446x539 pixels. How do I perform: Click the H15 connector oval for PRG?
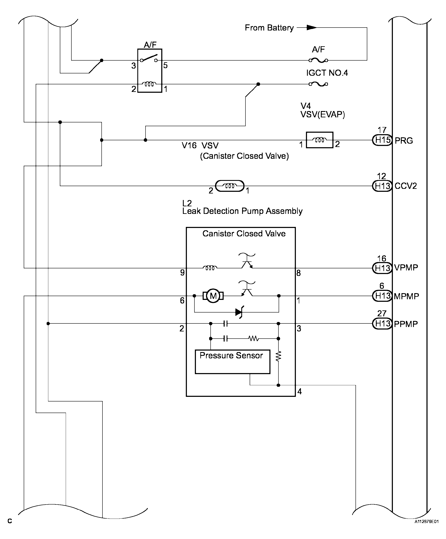click(382, 140)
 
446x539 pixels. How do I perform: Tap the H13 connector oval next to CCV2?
click(382, 186)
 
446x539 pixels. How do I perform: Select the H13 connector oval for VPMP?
click(382, 268)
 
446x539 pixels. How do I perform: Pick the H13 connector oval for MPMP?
click(382, 296)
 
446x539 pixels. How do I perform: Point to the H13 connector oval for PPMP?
click(382, 323)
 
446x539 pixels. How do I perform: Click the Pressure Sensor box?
click(232, 362)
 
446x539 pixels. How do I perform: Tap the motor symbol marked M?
click(213, 296)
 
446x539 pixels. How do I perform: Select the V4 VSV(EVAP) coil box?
click(320, 140)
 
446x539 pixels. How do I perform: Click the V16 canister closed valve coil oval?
click(230, 186)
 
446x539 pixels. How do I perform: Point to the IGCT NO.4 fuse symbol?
click(318, 84)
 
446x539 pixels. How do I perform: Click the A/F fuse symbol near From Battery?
click(318, 60)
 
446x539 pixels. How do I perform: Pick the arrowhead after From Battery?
click(311, 28)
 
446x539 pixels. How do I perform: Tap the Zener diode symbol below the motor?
click(239, 312)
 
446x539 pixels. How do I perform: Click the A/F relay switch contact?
click(149, 58)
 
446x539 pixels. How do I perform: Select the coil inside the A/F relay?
click(150, 84)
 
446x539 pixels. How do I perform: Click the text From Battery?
click(269, 28)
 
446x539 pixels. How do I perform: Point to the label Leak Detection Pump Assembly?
click(243, 211)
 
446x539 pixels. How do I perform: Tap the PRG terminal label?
click(404, 141)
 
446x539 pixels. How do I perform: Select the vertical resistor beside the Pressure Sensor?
click(278, 356)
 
